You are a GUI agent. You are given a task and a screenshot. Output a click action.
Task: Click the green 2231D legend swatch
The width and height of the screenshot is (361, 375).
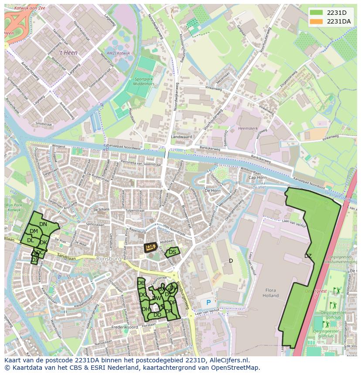316,13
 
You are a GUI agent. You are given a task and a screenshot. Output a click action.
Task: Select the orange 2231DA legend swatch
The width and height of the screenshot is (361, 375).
316,21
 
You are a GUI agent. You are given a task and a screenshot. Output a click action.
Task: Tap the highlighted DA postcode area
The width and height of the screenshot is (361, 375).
150,247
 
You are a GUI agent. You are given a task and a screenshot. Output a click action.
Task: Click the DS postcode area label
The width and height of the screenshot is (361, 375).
172,252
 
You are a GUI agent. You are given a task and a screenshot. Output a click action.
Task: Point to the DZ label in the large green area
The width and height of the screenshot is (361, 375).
308,256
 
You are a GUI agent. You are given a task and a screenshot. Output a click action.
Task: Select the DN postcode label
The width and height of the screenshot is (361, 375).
43,224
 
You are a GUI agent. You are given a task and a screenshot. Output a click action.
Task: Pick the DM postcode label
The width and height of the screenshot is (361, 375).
34,231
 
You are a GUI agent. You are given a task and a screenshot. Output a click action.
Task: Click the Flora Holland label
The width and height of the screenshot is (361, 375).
270,293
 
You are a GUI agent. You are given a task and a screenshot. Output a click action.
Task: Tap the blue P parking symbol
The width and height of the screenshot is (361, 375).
208,302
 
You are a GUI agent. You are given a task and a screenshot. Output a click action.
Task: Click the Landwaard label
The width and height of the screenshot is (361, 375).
181,137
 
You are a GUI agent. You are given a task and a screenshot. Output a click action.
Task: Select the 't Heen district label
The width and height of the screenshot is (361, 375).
67,52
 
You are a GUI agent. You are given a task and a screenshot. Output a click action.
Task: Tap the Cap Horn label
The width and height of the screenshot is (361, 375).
257,178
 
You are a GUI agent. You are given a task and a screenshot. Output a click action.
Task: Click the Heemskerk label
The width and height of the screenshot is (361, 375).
249,129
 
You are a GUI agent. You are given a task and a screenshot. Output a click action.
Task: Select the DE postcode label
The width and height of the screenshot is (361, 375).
141,283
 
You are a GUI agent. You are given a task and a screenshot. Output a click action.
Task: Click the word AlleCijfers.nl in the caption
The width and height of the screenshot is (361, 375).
227,361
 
